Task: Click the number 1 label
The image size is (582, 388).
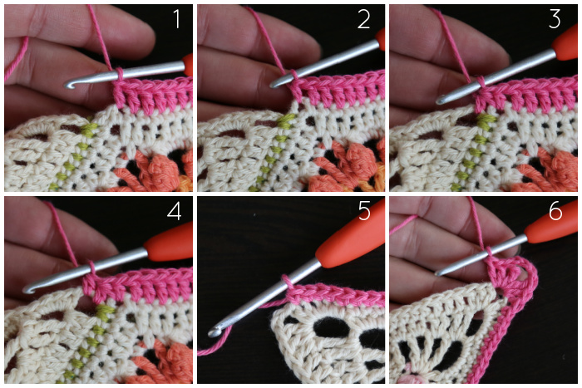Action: (176, 19)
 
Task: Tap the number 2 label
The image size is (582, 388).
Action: (364, 20)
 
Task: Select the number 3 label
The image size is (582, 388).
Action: (555, 20)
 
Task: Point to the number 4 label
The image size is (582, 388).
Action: (175, 212)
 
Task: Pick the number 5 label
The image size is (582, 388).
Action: (364, 212)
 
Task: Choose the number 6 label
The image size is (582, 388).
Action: (555, 212)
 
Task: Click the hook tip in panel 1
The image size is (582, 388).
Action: (68, 86)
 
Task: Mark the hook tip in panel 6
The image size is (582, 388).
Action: (438, 273)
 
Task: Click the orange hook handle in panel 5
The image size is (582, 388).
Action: (351, 234)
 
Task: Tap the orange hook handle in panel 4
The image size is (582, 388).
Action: (169, 242)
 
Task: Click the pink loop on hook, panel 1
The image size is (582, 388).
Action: (120, 74)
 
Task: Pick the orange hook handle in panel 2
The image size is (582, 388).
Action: (380, 39)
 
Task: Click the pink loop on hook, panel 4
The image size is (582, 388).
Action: (91, 268)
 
